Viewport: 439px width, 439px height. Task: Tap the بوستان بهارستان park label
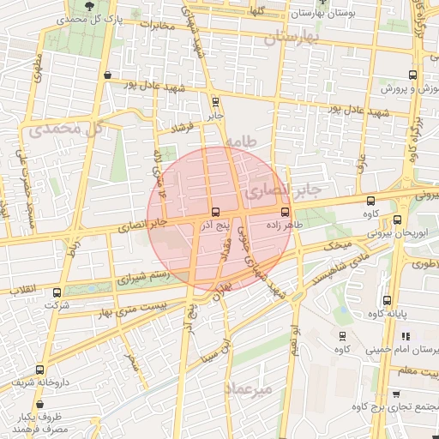(322, 15)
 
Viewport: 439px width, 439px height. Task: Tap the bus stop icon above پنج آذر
(213, 212)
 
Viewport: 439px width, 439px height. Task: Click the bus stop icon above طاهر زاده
(285, 211)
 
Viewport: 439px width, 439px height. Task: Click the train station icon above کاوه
(342, 336)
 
